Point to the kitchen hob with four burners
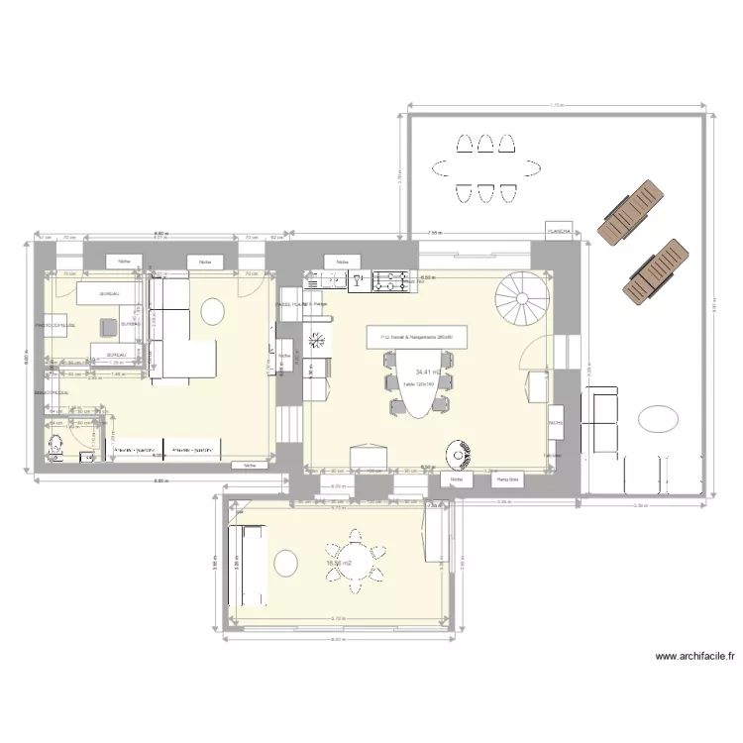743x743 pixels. [x=389, y=282]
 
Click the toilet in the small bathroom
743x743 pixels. [x=56, y=448]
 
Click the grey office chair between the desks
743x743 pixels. [x=106, y=326]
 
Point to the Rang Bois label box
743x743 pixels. [x=507, y=480]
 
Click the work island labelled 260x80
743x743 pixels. [x=415, y=337]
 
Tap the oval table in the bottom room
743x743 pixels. [x=285, y=564]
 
